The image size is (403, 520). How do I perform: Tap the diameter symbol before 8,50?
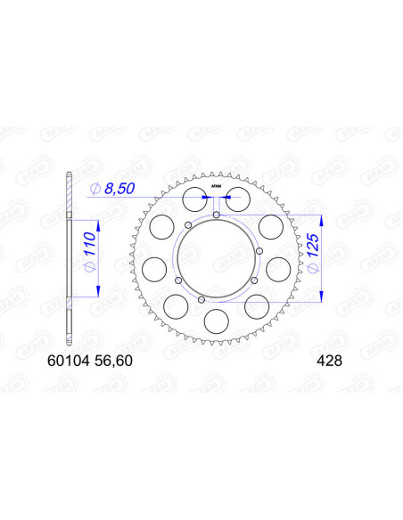(95, 188)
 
